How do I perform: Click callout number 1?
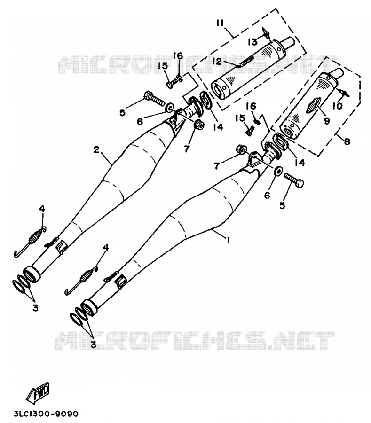click(x=229, y=240)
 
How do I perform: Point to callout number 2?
click(x=96, y=149)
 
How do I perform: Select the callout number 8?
click(x=347, y=141)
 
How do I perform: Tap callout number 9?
click(x=327, y=121)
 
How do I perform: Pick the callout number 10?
click(x=337, y=106)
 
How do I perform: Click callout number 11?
click(x=220, y=23)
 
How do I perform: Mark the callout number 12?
click(x=217, y=61)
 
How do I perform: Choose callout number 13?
click(x=253, y=42)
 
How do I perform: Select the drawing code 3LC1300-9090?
click(x=46, y=414)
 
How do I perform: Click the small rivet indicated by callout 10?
click(x=345, y=93)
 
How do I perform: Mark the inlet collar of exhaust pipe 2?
click(x=32, y=274)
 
